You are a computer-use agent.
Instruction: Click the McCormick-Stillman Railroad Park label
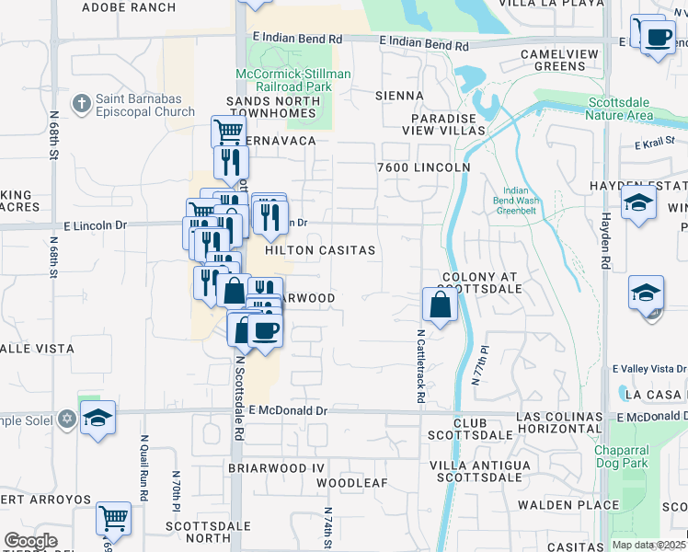point(281,80)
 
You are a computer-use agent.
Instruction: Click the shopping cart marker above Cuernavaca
point(227,131)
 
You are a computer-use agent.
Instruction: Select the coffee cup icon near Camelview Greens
point(657,38)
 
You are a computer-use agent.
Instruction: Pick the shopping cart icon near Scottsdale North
point(113,518)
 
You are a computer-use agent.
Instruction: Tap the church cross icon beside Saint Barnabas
point(81,103)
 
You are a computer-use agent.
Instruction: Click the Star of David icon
point(66,420)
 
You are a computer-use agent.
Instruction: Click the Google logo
point(30,541)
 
